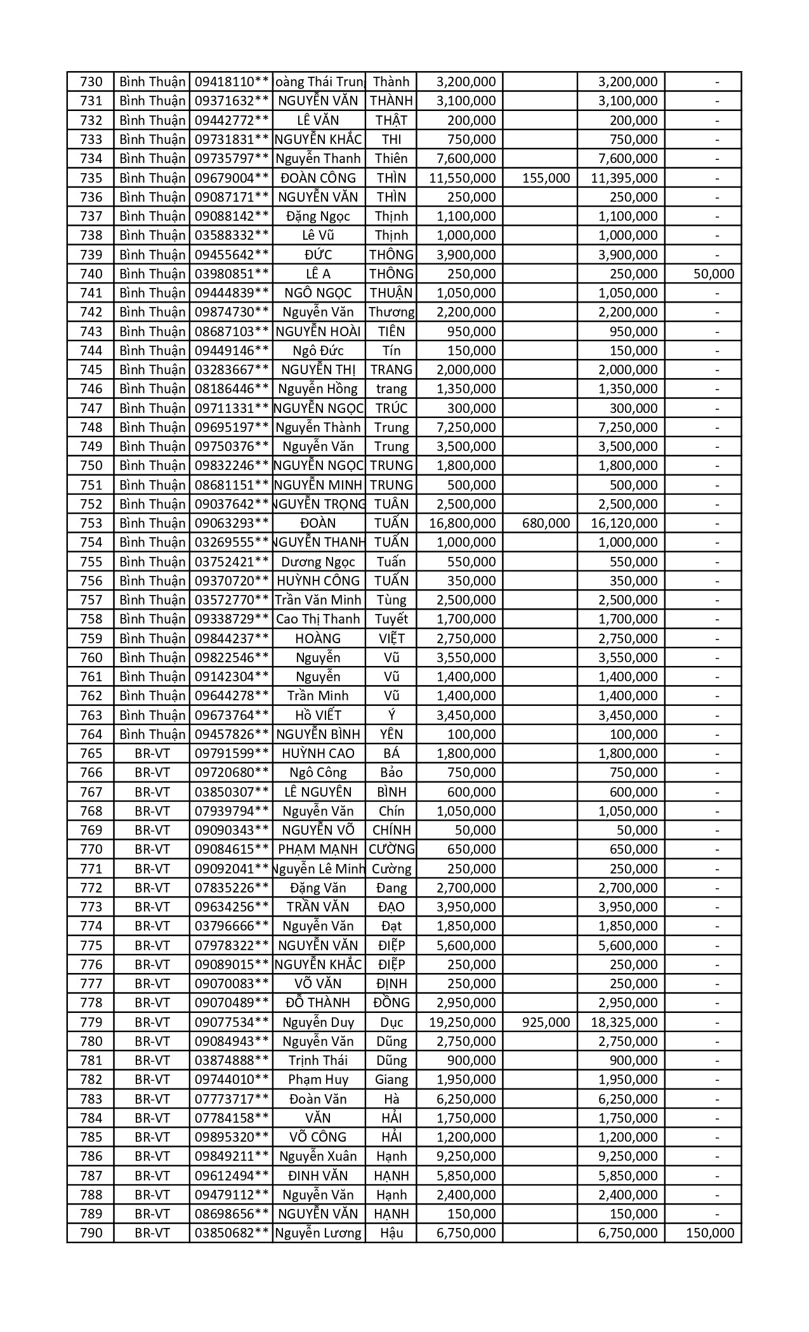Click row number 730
click(91, 82)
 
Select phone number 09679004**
click(232, 178)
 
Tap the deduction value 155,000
click(546, 178)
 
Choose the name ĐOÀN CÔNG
click(319, 178)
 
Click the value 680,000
click(546, 523)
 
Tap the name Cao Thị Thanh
click(319, 619)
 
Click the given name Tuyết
click(391, 619)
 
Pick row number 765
click(91, 754)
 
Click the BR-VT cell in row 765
click(152, 754)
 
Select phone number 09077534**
click(232, 1022)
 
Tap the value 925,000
click(546, 1022)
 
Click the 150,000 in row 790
click(710, 1233)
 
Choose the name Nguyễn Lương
click(319, 1233)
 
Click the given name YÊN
click(391, 735)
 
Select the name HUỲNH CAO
click(319, 754)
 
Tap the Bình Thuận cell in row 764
click(152, 735)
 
